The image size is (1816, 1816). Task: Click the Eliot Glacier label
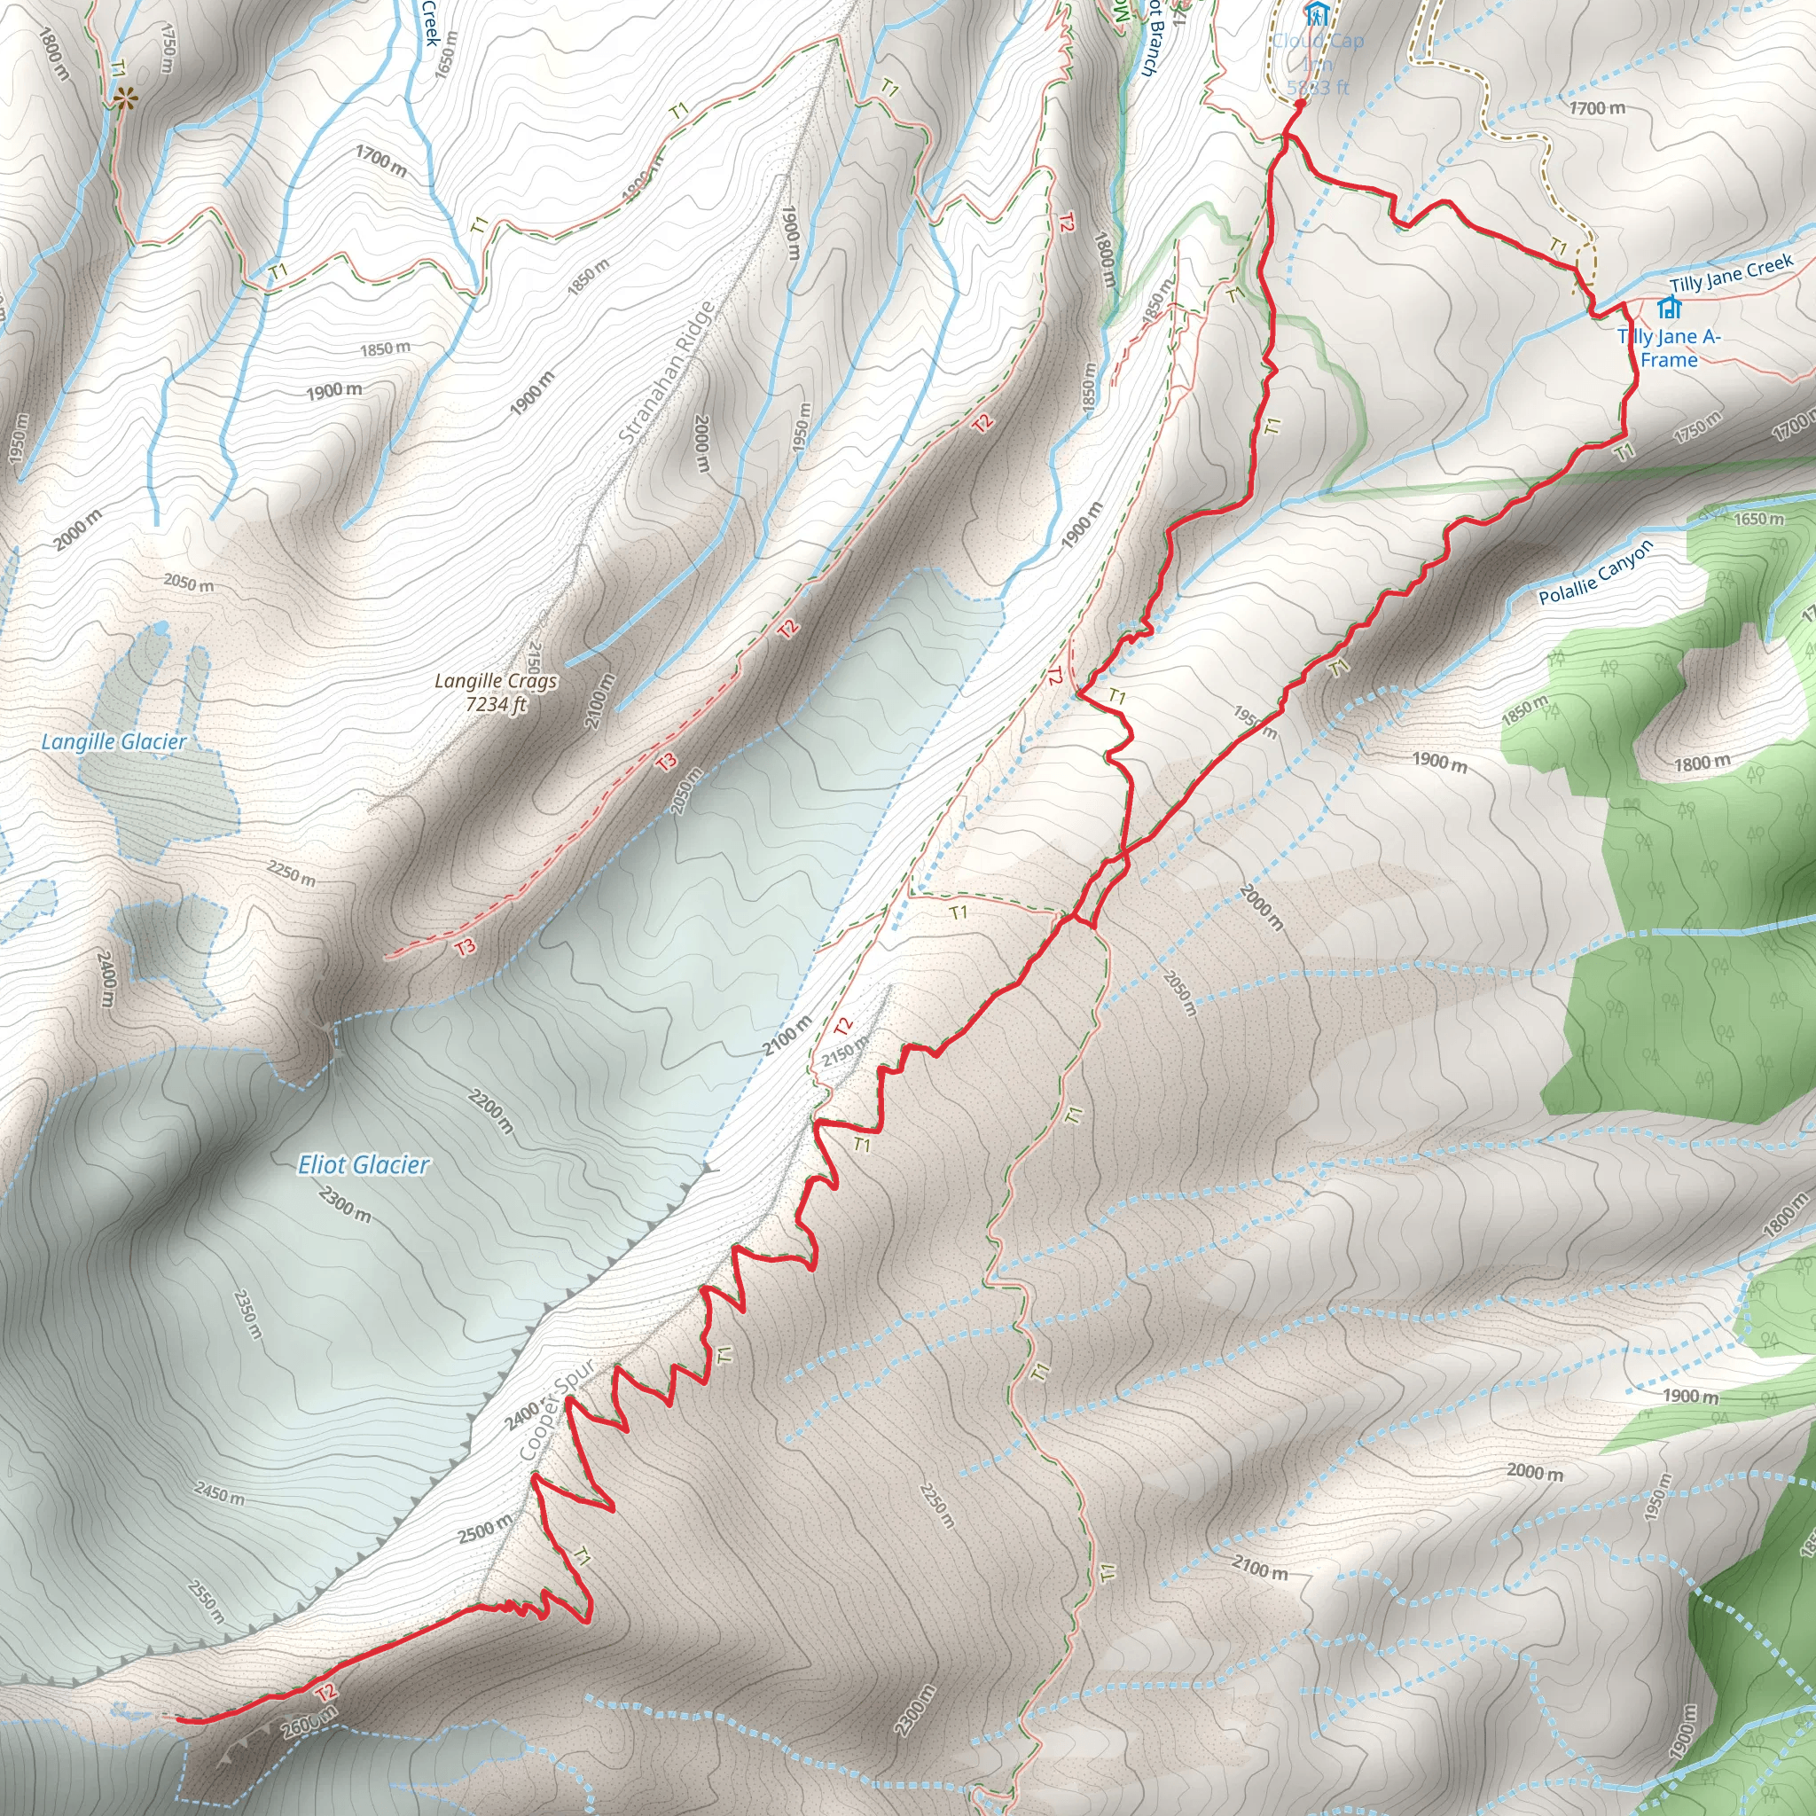(x=363, y=1165)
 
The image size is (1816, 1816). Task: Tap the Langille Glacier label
(x=113, y=741)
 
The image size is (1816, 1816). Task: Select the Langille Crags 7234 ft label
(x=496, y=692)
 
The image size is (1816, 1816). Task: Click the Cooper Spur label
(x=558, y=1410)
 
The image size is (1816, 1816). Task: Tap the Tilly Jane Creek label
(x=1732, y=272)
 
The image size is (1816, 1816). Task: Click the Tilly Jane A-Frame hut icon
(x=1670, y=308)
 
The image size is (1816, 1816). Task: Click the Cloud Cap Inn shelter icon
(x=1316, y=14)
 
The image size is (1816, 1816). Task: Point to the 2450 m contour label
(x=219, y=1491)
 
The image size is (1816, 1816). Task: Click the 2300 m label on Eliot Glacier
(x=345, y=1204)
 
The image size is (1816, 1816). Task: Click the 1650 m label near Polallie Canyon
(x=1758, y=519)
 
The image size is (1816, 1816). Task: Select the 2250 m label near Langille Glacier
(x=292, y=873)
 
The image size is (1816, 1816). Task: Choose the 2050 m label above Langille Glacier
(x=188, y=583)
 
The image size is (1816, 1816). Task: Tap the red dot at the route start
(x=1299, y=106)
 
